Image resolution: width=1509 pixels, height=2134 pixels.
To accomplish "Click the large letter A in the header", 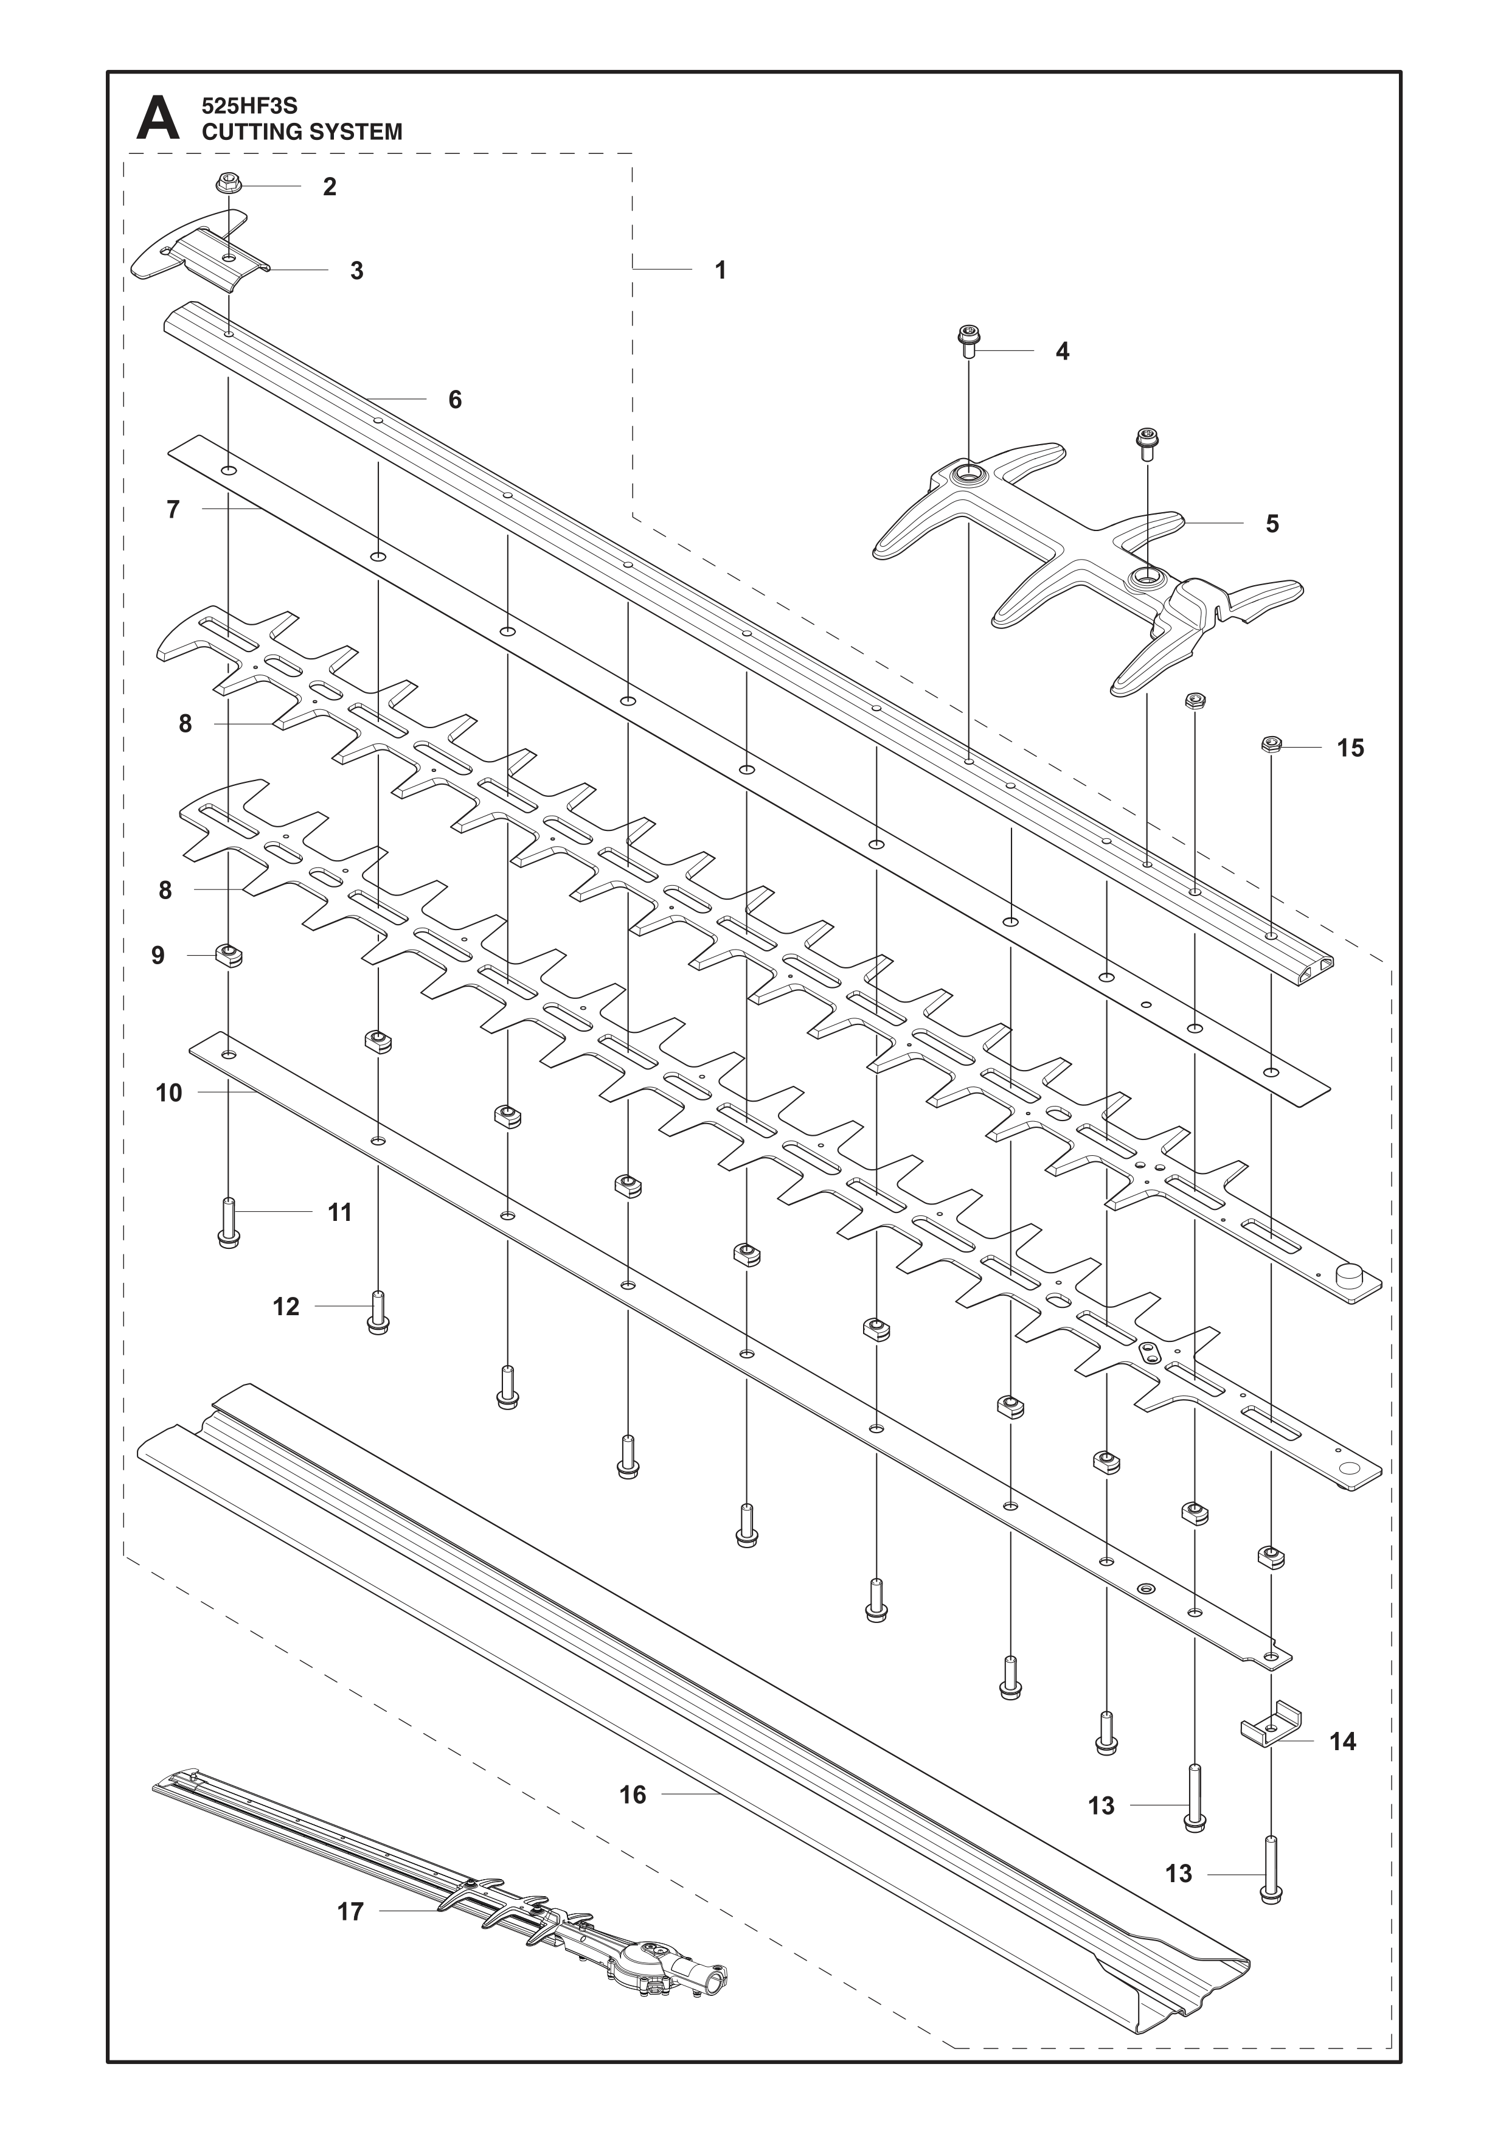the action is coord(158,120).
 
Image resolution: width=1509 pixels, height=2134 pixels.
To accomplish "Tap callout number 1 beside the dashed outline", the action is coord(720,271).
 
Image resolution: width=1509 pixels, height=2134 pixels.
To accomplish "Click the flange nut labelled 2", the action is coord(227,184).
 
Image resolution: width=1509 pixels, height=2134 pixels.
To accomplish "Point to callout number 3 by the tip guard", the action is coord(356,271).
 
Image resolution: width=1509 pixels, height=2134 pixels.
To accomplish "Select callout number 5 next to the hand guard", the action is coord(1272,524).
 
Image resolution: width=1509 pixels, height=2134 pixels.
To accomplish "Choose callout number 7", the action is coord(173,510).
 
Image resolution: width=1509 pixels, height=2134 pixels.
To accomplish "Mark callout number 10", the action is coord(169,1093).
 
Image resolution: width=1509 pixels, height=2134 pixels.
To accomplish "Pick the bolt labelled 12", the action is coord(377,1312).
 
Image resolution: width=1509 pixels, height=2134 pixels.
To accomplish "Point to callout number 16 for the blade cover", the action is coord(633,1795).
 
